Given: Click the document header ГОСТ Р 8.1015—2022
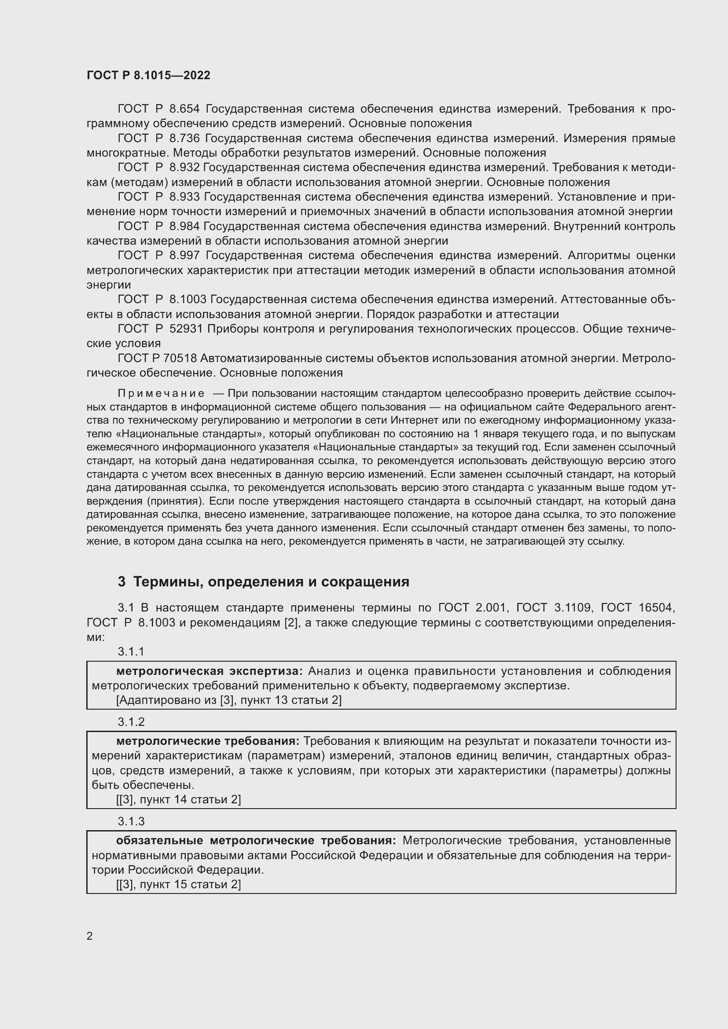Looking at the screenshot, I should [x=148, y=75].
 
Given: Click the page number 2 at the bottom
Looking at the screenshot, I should [x=90, y=936].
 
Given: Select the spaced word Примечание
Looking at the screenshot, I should [x=161, y=393].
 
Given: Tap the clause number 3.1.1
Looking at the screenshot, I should [x=131, y=651].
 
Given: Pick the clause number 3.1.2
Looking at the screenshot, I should [x=131, y=721].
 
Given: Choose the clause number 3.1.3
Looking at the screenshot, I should [x=131, y=821].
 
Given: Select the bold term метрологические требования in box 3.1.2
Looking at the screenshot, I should [x=208, y=741].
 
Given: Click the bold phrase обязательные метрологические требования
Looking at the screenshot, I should [x=256, y=840].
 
